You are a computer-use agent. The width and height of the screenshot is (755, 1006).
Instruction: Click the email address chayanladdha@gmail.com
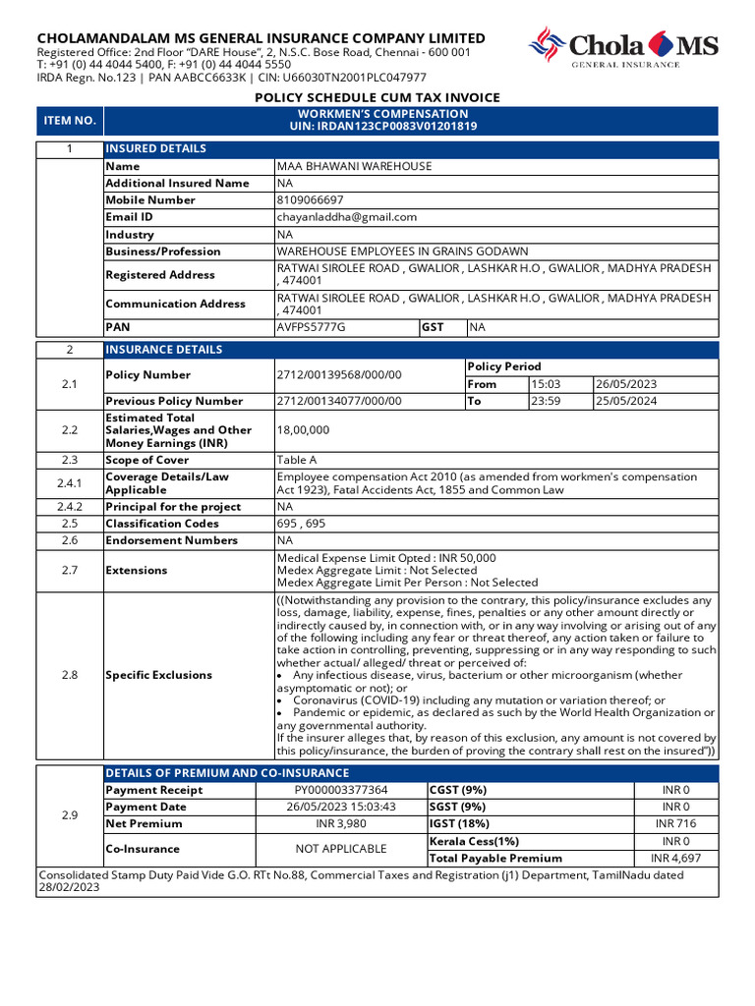click(x=347, y=217)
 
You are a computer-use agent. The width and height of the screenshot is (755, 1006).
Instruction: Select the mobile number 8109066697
click(x=311, y=200)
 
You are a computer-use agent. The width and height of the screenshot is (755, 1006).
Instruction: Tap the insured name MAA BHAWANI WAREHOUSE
click(x=355, y=167)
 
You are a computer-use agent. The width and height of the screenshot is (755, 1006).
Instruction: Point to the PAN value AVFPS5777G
click(x=312, y=326)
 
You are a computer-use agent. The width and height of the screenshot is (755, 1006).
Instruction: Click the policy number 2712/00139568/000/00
click(x=339, y=375)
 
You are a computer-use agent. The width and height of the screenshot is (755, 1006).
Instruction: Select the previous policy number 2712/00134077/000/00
click(x=339, y=401)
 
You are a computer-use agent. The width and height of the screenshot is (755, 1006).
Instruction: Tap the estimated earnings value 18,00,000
click(x=303, y=430)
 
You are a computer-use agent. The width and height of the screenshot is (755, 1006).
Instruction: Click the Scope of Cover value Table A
click(x=297, y=460)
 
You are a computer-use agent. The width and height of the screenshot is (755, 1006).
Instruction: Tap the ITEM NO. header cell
click(x=70, y=121)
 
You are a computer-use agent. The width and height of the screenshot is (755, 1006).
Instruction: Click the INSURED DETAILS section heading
click(x=156, y=149)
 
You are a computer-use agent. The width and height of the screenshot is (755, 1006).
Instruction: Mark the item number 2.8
click(x=70, y=675)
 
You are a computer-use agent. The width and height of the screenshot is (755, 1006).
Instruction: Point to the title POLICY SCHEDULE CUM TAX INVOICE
click(x=377, y=97)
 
